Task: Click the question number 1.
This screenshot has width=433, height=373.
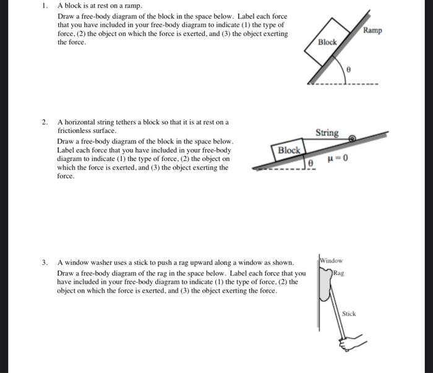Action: point(44,6)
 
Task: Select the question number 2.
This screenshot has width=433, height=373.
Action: point(44,122)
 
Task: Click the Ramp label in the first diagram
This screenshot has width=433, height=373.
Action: point(372,30)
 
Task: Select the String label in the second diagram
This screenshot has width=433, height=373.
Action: point(327,133)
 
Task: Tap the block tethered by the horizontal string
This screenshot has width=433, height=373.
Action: point(289,150)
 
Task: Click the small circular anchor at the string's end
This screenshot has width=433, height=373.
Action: point(352,138)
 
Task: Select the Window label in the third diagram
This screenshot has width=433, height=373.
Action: point(332,261)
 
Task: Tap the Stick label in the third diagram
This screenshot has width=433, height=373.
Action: point(349,314)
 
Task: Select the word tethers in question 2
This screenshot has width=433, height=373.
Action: point(124,122)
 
